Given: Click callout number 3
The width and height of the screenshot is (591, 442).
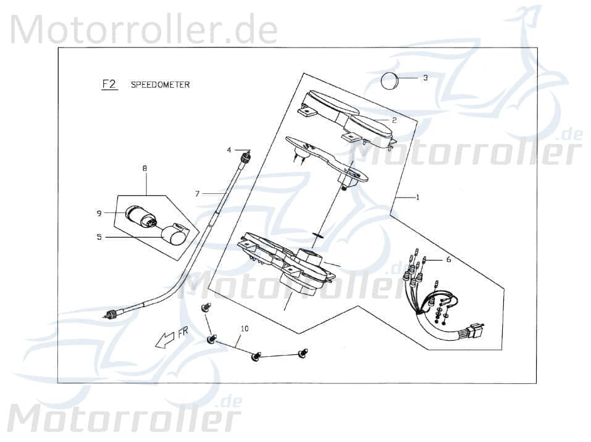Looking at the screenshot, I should coord(425,78).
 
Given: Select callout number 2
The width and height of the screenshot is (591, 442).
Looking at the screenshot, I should coord(393,120).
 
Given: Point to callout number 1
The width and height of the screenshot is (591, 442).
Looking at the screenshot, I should coord(417,198).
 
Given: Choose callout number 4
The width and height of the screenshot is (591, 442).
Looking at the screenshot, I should coord(228,150).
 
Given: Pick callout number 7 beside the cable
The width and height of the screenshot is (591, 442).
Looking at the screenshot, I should coord(197,194).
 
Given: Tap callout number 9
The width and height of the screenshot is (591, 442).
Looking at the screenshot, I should coord(99,213).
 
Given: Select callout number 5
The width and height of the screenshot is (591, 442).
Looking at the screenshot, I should coord(99,236).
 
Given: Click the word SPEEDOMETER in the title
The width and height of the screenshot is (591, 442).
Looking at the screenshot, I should coord(160,85).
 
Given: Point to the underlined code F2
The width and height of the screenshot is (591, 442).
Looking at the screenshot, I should coord(109,85).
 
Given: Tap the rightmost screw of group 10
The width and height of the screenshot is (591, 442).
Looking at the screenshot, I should coord(302,353).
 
